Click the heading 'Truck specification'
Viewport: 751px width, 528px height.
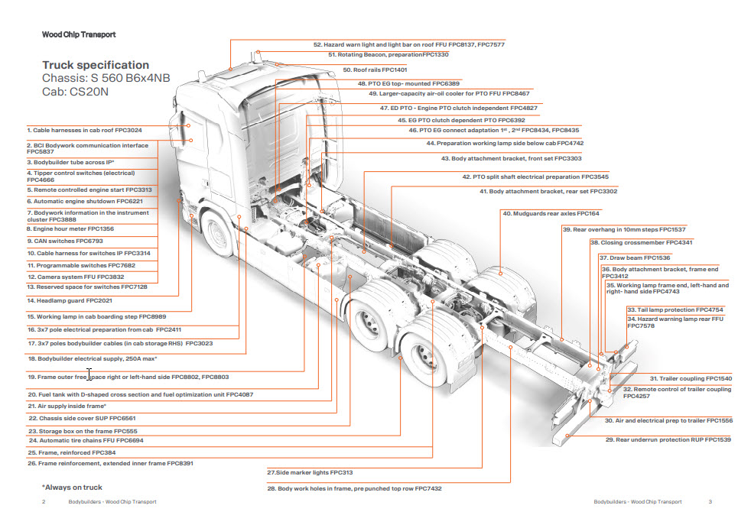point(96,65)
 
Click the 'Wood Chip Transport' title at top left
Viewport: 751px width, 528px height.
point(79,34)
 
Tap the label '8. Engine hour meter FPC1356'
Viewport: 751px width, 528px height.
point(70,228)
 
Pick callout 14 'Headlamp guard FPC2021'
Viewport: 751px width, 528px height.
point(70,301)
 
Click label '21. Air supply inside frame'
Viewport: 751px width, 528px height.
point(67,406)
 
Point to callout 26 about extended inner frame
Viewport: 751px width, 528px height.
point(111,463)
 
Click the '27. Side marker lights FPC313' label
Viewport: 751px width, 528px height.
point(310,473)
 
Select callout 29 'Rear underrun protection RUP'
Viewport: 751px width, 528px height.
point(668,439)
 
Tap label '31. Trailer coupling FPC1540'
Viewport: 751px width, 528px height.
point(691,379)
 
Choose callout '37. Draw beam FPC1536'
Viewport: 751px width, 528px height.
point(634,258)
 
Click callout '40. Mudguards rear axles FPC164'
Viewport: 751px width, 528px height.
point(551,214)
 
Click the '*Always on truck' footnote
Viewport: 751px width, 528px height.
point(72,487)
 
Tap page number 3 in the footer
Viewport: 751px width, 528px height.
point(710,502)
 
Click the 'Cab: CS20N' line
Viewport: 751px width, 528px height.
point(76,92)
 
